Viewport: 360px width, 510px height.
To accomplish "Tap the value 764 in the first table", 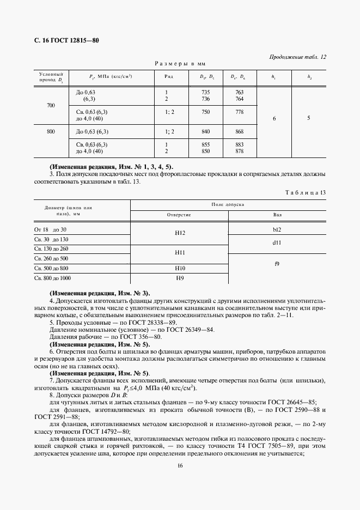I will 239,99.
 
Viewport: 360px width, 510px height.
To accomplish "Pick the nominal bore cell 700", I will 51,105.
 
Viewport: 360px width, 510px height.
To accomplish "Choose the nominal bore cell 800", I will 51,131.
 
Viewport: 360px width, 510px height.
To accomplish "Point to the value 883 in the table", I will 239,144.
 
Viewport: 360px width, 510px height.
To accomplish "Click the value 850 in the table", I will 205,151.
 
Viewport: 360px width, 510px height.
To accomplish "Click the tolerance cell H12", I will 180,233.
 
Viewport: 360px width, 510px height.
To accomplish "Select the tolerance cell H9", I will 180,278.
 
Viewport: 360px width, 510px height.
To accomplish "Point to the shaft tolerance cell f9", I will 277,264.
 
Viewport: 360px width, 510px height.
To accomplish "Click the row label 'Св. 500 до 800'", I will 51,269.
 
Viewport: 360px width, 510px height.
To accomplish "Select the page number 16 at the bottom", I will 179,465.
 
